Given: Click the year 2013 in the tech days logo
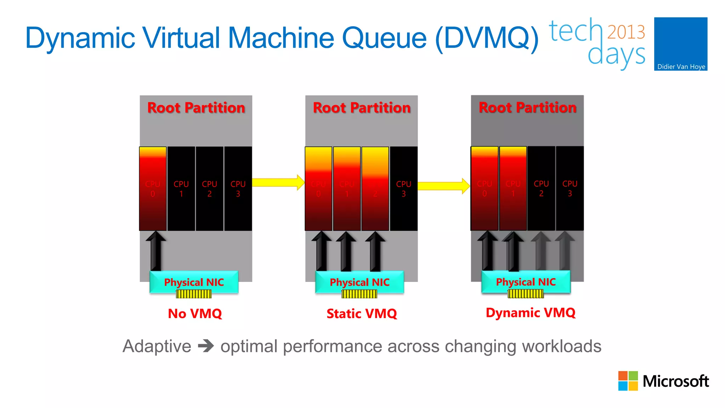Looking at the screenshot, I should [x=626, y=32].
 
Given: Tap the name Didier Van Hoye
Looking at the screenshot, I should [x=681, y=67].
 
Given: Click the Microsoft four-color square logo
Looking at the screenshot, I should [x=628, y=381].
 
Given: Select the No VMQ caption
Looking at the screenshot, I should [x=195, y=313].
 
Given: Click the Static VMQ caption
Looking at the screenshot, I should [x=361, y=313].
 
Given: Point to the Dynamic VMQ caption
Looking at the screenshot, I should [x=530, y=312].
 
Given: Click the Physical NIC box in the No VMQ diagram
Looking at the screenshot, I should [x=194, y=282].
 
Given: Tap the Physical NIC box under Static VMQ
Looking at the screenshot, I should [x=359, y=282].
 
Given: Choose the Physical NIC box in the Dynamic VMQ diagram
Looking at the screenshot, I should [x=526, y=282].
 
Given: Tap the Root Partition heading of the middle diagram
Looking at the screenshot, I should [x=361, y=107].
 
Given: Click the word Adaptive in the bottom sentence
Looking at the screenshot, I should [x=156, y=346].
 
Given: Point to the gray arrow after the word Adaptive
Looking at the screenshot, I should [x=206, y=346].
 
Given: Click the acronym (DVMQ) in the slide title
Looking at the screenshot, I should [x=486, y=38].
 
